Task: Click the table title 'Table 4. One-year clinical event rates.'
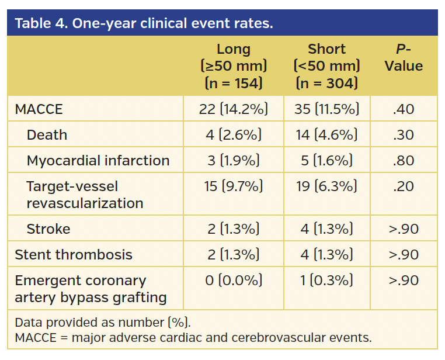pyautogui.click(x=144, y=24)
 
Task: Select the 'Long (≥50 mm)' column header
pyautogui.click(x=234, y=66)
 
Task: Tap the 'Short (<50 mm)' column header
pyautogui.click(x=326, y=66)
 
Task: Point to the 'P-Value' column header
pyautogui.click(x=404, y=58)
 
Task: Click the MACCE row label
pyautogui.click(x=39, y=109)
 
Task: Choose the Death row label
pyautogui.click(x=47, y=135)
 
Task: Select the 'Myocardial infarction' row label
pyautogui.click(x=98, y=161)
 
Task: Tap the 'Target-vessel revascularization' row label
pyautogui.click(x=85, y=195)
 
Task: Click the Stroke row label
pyautogui.click(x=48, y=229)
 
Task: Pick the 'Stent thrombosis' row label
pyautogui.click(x=74, y=254)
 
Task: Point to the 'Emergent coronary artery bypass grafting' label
pyautogui.click(x=91, y=289)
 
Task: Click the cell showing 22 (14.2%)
pyautogui.click(x=234, y=109)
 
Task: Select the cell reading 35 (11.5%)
pyautogui.click(x=326, y=109)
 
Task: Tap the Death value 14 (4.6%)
pyautogui.click(x=326, y=135)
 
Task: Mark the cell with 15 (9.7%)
pyautogui.click(x=234, y=186)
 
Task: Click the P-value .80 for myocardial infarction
pyautogui.click(x=404, y=161)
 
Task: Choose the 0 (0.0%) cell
pyautogui.click(x=234, y=281)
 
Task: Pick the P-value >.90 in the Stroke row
pyautogui.click(x=404, y=229)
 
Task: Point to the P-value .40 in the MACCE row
pyautogui.click(x=404, y=109)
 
